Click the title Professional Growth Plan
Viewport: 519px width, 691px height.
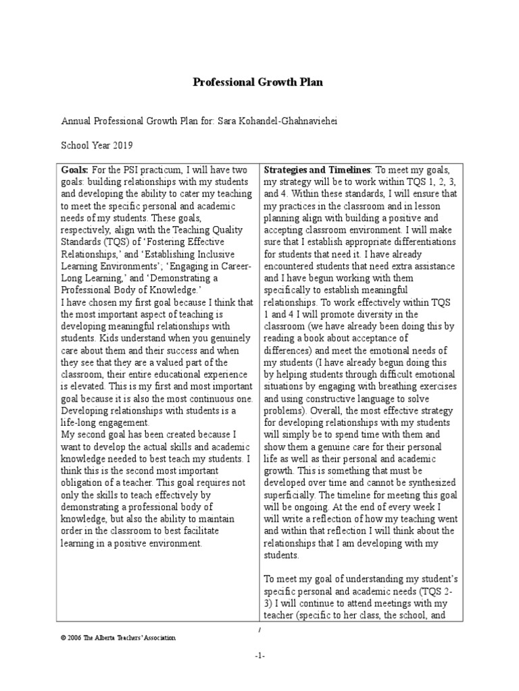click(x=258, y=82)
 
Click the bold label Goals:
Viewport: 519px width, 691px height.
click(x=74, y=169)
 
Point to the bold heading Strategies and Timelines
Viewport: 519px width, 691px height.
click(x=316, y=169)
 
